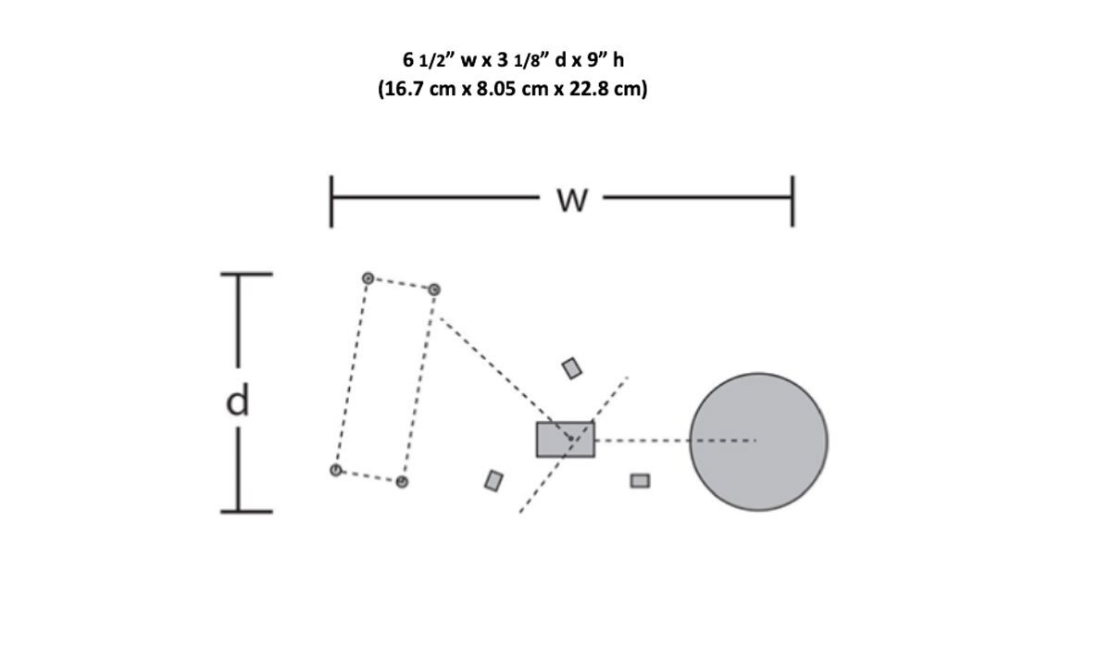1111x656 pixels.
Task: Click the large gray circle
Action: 758,441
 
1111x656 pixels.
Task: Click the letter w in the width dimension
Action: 572,201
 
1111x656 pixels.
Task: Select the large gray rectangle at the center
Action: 566,439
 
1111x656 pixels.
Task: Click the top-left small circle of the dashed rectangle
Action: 368,278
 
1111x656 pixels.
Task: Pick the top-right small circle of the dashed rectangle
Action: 434,290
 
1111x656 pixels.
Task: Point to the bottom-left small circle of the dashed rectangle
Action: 336,470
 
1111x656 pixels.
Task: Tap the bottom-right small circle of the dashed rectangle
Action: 402,481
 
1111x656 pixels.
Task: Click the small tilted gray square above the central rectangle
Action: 572,368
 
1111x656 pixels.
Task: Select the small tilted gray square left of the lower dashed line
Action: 493,480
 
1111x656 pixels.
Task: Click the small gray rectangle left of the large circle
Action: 640,480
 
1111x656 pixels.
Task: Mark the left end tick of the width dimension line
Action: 331,202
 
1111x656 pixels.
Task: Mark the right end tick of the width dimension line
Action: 793,202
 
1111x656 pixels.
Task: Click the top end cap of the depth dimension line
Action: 246,274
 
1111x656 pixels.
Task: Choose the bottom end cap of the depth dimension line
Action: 246,512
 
